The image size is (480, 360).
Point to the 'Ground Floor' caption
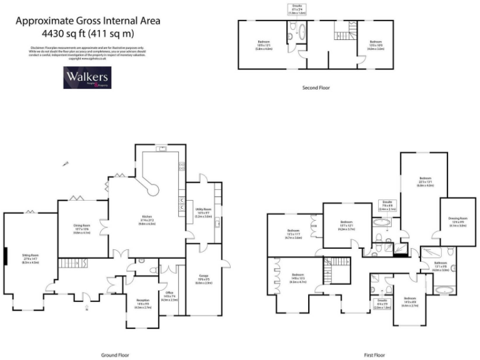115,354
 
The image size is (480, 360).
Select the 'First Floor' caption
376,354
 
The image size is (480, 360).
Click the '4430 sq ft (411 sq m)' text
87,33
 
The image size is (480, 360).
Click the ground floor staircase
74,263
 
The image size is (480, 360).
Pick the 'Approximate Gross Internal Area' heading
87,21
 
